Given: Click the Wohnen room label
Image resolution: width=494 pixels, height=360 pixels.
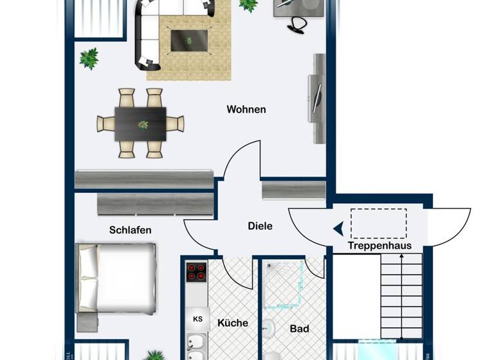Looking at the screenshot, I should coord(246,109).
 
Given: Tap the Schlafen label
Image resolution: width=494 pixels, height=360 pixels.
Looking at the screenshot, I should coord(131,230).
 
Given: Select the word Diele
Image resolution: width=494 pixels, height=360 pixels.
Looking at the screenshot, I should coord(260,226).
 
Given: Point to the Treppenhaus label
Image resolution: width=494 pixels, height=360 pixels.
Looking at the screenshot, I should coord(380,246).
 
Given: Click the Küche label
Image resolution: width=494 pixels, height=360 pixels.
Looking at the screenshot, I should coord(233,323).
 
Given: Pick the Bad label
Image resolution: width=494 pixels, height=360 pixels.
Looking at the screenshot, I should coord(299,328).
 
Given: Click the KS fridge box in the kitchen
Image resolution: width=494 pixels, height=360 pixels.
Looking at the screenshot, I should coord(197,318).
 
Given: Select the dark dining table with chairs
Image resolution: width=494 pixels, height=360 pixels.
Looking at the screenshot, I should coord(140,123).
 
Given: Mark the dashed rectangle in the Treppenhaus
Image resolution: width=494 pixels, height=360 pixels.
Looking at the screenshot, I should coord(378,222).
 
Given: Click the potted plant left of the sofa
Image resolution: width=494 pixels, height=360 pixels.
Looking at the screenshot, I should coord(89,58).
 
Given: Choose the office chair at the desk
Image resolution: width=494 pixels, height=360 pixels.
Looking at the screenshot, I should coord(297,23).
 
